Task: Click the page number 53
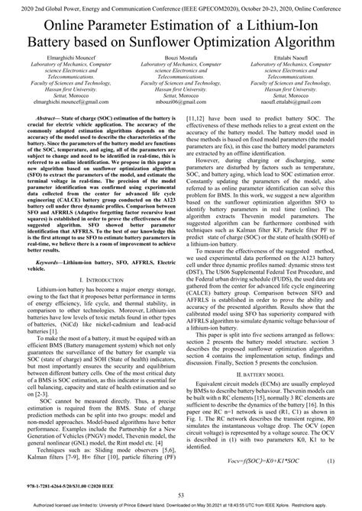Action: tap(181, 496)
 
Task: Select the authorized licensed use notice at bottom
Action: tap(181, 506)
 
